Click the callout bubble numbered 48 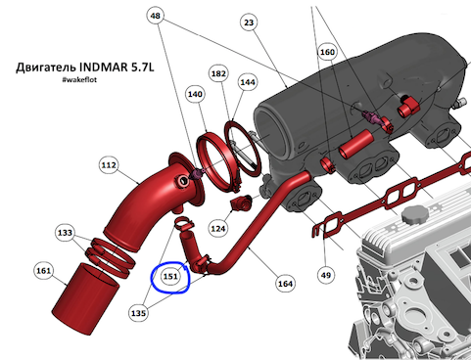tap(156, 16)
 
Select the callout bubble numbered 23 tap(249, 22)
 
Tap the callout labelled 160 tap(327, 52)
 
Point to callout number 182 tap(218, 73)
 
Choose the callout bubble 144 tap(248, 82)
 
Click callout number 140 tap(195, 94)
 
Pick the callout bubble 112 tap(109, 165)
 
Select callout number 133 tap(65, 233)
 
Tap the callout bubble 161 tap(43, 270)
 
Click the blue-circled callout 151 tap(170, 276)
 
